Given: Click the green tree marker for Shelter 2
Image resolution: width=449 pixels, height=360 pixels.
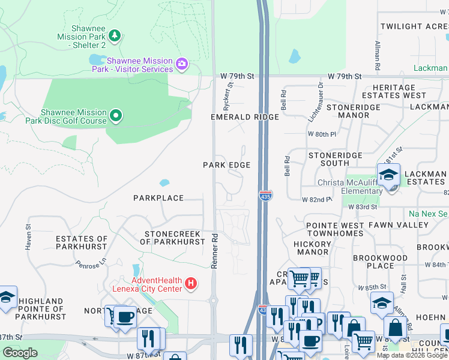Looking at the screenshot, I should point(115,35).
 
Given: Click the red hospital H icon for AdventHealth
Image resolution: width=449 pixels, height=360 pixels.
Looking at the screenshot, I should point(190,283).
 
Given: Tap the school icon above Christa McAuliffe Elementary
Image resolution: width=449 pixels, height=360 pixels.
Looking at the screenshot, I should point(388,175).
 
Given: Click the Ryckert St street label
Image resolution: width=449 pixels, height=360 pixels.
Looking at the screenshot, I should point(227,94).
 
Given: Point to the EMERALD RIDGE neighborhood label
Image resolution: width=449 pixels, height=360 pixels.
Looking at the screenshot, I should point(244,117).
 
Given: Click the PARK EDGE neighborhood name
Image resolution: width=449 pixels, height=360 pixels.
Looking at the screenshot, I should point(226,164).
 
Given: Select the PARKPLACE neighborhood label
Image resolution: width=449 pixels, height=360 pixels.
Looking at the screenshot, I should point(158,197).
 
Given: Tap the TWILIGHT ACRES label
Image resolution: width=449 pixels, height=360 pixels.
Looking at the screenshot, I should point(414,26).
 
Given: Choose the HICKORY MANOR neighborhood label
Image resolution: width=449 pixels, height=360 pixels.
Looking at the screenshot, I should point(313,248).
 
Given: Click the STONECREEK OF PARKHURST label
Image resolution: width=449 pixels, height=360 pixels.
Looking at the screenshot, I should point(172,238).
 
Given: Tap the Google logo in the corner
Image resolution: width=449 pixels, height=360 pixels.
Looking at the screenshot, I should point(20,353).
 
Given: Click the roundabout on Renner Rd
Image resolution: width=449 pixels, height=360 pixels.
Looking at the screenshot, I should point(214,299).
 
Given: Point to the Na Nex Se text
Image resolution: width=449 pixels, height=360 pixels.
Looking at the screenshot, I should point(429,214).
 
